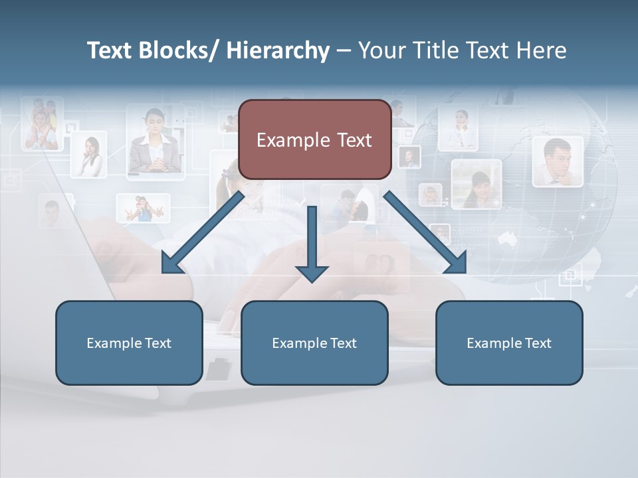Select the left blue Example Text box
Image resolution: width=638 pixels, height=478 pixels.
coord(129,343)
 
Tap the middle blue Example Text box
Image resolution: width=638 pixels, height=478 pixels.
coord(314,343)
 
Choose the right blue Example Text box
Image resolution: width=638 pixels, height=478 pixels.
coord(509,343)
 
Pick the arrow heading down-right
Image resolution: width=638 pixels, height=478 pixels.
coord(425,233)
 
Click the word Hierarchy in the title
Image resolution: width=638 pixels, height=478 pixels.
coord(277,50)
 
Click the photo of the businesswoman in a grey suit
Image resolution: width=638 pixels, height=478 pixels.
coord(155,143)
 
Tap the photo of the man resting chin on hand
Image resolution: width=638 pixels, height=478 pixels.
coord(557,161)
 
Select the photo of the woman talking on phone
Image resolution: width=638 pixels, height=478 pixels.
coord(89,155)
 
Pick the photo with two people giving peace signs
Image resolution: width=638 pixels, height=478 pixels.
coord(143,208)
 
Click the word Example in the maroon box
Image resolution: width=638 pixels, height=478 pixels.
coord(284,140)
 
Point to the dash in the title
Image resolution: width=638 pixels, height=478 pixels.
coord(343,50)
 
